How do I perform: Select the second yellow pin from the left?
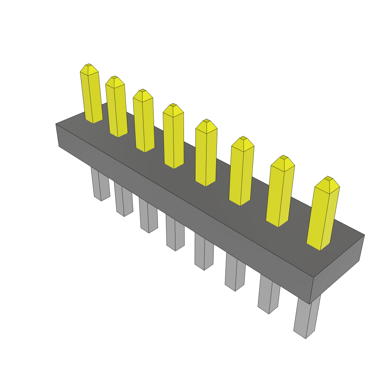[116, 109]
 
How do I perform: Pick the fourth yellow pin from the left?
[173, 139]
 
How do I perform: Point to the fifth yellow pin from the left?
[206, 155]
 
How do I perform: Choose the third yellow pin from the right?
[242, 174]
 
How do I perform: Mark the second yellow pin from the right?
[280, 194]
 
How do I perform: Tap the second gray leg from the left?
[124, 200]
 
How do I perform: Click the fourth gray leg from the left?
[175, 234]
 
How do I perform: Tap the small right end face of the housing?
[337, 268]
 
